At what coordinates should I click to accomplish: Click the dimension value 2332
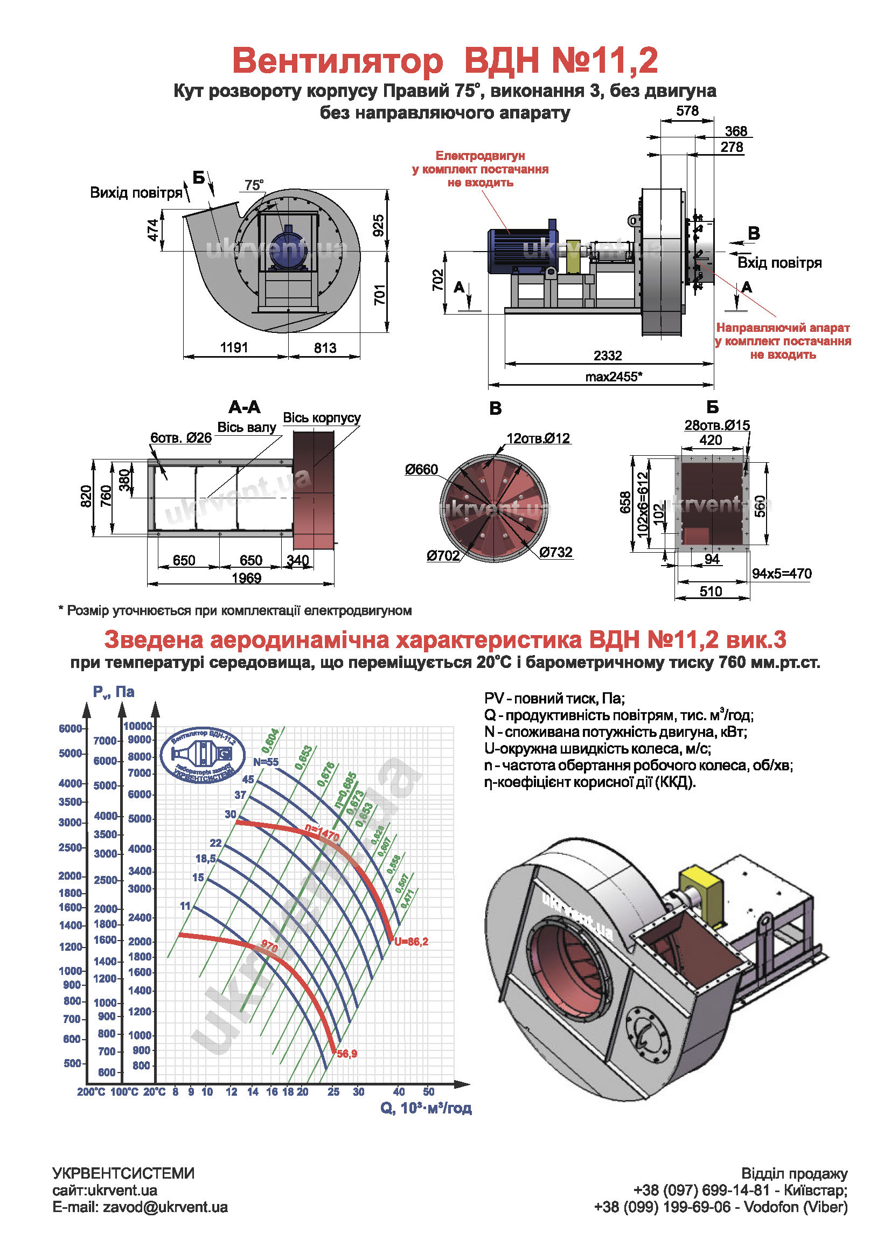click(607, 356)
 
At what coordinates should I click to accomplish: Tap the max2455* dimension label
click(613, 377)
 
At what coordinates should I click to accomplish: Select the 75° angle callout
click(254, 185)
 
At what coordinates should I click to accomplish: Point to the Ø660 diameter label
click(421, 469)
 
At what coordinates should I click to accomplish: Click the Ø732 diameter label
click(556, 552)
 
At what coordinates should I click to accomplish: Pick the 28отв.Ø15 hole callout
click(716, 426)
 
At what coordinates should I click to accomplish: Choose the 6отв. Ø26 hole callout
click(181, 438)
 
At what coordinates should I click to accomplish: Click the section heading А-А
click(245, 407)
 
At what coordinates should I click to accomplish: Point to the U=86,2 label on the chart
click(411, 942)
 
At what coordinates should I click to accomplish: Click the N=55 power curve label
click(266, 762)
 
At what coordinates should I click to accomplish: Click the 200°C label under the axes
click(91, 1092)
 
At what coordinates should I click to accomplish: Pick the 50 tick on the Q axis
click(428, 1092)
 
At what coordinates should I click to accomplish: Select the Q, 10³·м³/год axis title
click(426, 1108)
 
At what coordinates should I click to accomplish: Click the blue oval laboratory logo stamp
click(203, 756)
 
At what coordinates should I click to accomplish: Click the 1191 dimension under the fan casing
click(234, 348)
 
